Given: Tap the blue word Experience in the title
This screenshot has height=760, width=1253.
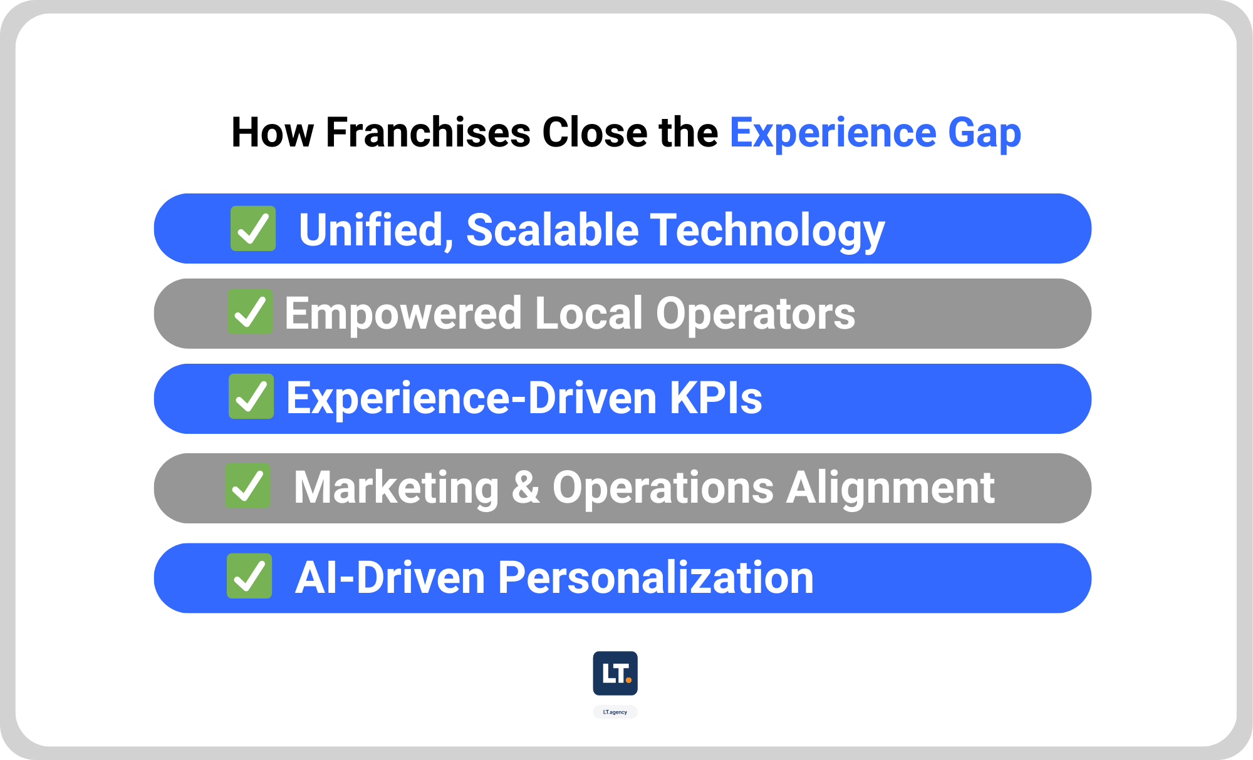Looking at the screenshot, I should pos(833,133).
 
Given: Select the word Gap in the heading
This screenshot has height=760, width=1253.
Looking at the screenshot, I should pos(984,133).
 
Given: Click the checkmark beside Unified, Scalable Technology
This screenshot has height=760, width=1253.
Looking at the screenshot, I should pos(253,229).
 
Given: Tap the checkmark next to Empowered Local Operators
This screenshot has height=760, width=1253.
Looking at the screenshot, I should pos(250,312).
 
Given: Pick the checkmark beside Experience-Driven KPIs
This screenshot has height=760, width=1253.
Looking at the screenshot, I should pos(251,396).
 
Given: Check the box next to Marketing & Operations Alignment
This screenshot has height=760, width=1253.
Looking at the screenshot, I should pos(248,486).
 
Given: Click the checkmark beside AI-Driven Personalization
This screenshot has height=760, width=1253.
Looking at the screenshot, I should pos(249,576).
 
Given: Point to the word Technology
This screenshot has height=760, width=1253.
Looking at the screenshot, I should pos(767,230).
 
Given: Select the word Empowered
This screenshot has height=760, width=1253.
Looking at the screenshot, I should pos(403,313).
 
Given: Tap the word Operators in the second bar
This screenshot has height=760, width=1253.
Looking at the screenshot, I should pos(755,313).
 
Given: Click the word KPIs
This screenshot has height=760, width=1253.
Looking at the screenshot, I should pos(715,398).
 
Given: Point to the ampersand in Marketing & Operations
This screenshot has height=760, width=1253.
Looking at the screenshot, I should pos(526,487).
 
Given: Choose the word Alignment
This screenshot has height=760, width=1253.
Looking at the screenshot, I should pos(890,487).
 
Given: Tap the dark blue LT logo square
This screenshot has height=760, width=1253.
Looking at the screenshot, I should pos(615,674).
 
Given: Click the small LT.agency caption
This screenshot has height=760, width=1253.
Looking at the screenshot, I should pos(615,712).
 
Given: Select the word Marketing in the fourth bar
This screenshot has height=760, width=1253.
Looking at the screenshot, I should pos(396,487).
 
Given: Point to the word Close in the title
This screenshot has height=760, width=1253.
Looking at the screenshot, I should pos(595,133).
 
